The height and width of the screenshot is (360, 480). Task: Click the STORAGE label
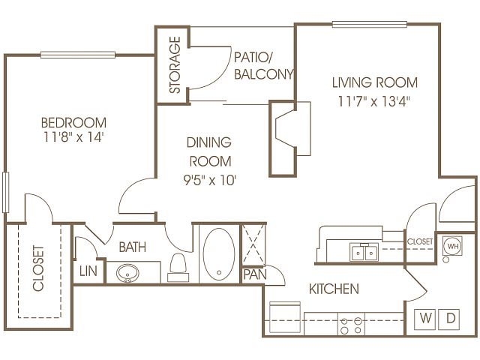click(175, 65)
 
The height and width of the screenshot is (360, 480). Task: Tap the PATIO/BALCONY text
click(264, 66)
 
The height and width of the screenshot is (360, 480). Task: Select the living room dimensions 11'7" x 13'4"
click(373, 101)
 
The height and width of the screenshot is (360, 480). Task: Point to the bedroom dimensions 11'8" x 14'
click(73, 137)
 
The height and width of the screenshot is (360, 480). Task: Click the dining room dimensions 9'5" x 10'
click(210, 180)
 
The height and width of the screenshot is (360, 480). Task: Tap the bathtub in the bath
click(219, 254)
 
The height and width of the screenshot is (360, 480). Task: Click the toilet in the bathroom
click(178, 267)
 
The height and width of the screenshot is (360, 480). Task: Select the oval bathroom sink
click(127, 273)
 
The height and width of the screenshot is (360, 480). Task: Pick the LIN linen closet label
click(88, 271)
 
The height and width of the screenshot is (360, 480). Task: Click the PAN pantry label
click(255, 274)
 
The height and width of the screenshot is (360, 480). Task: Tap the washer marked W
click(425, 319)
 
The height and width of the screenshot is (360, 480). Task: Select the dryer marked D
click(449, 319)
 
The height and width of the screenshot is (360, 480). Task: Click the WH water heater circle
click(453, 246)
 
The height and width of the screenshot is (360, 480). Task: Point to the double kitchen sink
click(364, 253)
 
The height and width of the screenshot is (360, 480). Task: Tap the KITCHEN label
click(334, 289)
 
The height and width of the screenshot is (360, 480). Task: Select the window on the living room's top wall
click(370, 25)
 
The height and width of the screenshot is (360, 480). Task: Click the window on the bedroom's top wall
click(78, 55)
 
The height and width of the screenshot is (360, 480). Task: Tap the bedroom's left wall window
click(5, 193)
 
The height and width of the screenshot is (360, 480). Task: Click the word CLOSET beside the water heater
click(420, 241)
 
